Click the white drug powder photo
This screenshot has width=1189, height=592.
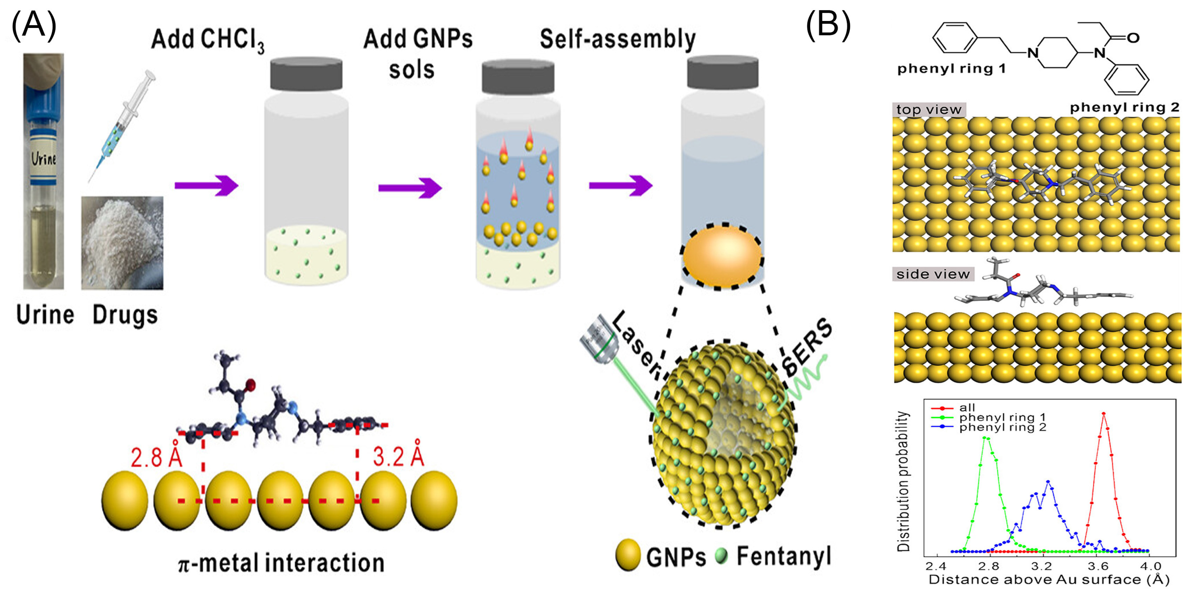coord(122,243)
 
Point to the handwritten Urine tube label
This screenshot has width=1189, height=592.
coord(43,159)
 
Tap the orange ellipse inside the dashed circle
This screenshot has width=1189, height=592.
coord(722,256)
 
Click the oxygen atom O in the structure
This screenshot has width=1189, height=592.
coord(1133,38)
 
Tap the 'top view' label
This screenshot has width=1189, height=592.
coord(929,110)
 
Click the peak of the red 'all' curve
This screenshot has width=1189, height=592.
coord(1104,414)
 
